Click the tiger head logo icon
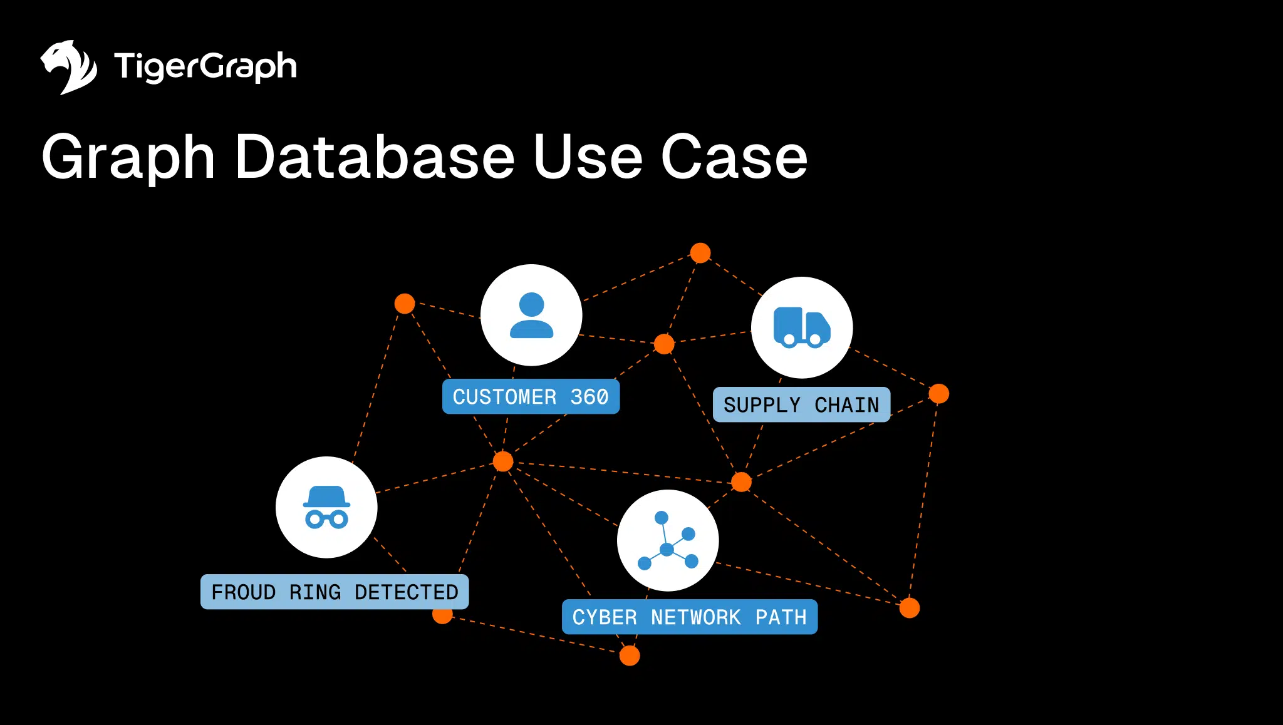[68, 67]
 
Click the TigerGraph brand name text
[205, 66]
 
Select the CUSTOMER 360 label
[531, 397]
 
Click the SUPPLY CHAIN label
[801, 405]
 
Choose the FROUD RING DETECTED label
[335, 592]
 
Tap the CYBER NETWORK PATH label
[689, 617]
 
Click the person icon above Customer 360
[531, 316]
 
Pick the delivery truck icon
[801, 327]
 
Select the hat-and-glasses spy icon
[326, 508]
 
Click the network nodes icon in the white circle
[667, 541]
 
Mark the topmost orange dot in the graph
[700, 253]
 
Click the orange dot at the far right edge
[938, 394]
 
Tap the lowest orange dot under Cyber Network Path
[630, 656]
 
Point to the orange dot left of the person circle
[405, 304]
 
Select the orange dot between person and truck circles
[664, 344]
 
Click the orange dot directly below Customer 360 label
[503, 461]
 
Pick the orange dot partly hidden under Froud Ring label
[442, 616]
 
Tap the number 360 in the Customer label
[589, 397]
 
